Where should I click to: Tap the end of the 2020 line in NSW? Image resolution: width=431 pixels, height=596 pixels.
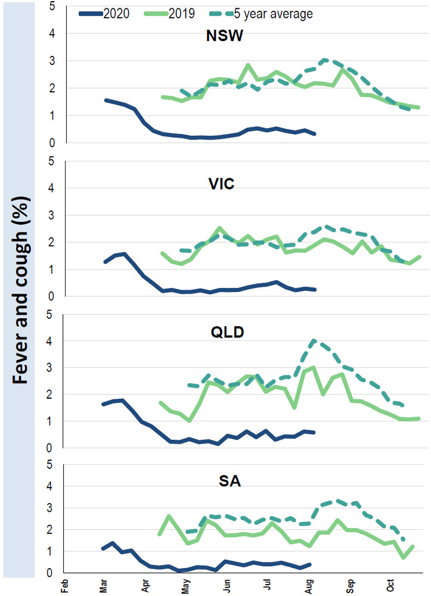314,134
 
